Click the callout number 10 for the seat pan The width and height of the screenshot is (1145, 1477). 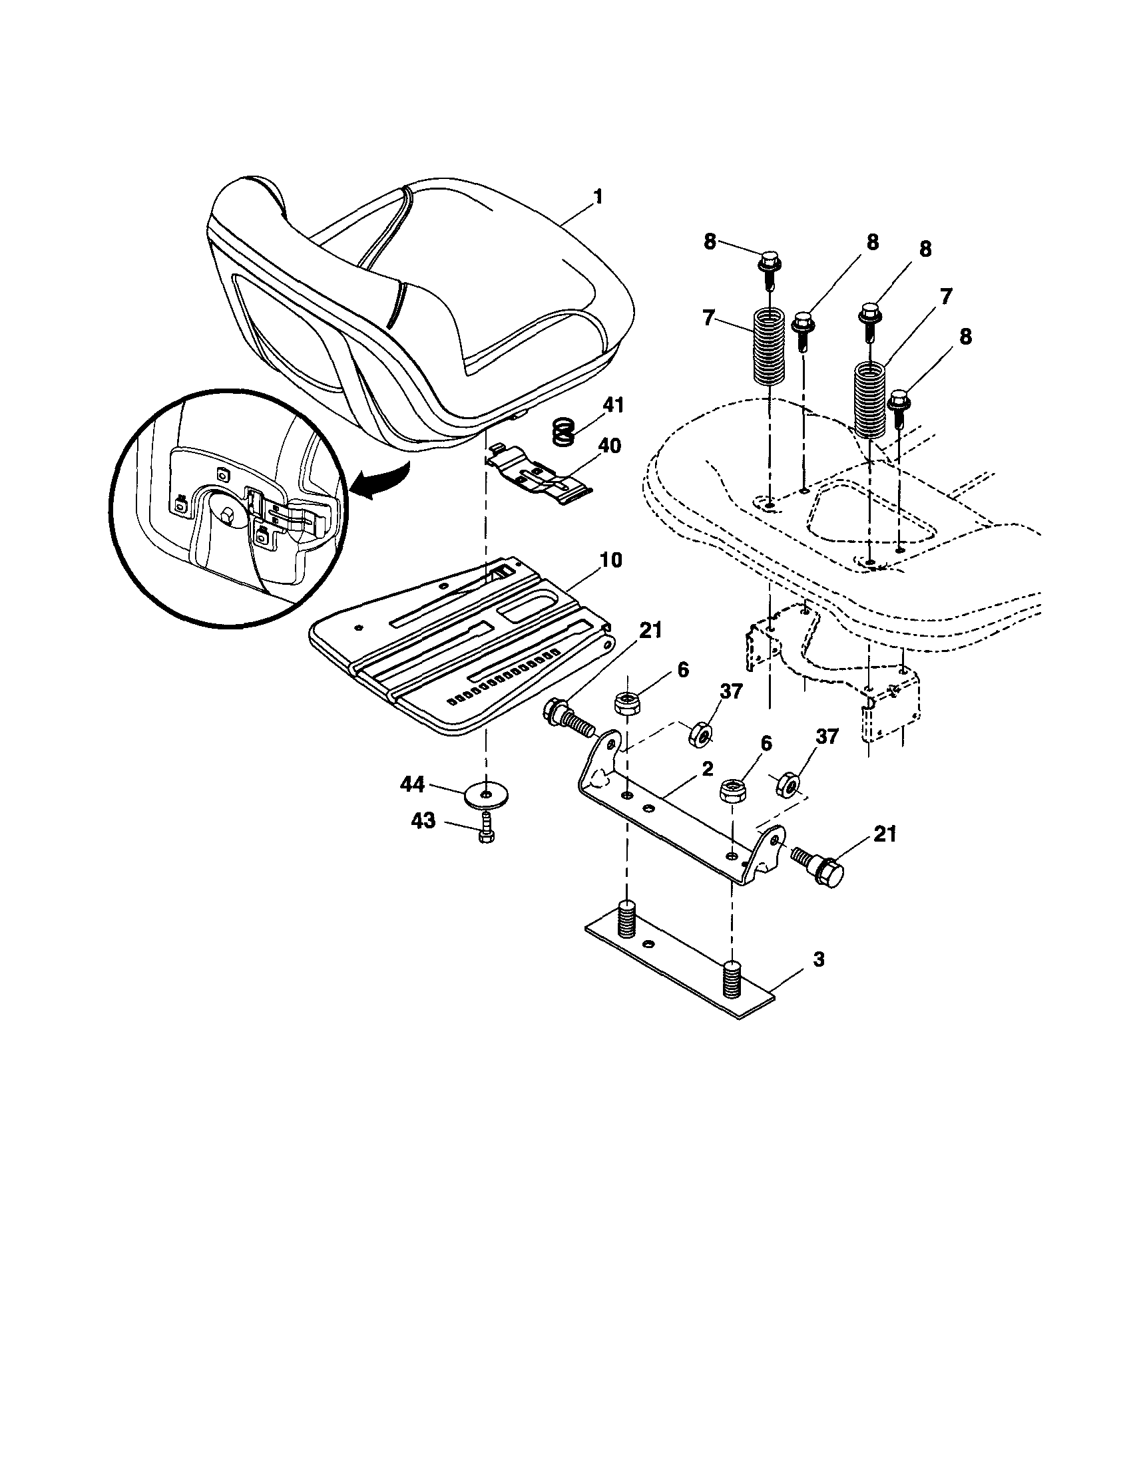point(610,560)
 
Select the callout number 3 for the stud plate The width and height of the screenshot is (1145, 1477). point(819,959)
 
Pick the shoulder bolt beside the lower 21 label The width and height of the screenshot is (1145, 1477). point(820,866)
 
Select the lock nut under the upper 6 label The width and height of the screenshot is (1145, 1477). point(626,703)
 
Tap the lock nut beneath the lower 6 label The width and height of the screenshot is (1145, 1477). point(732,790)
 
